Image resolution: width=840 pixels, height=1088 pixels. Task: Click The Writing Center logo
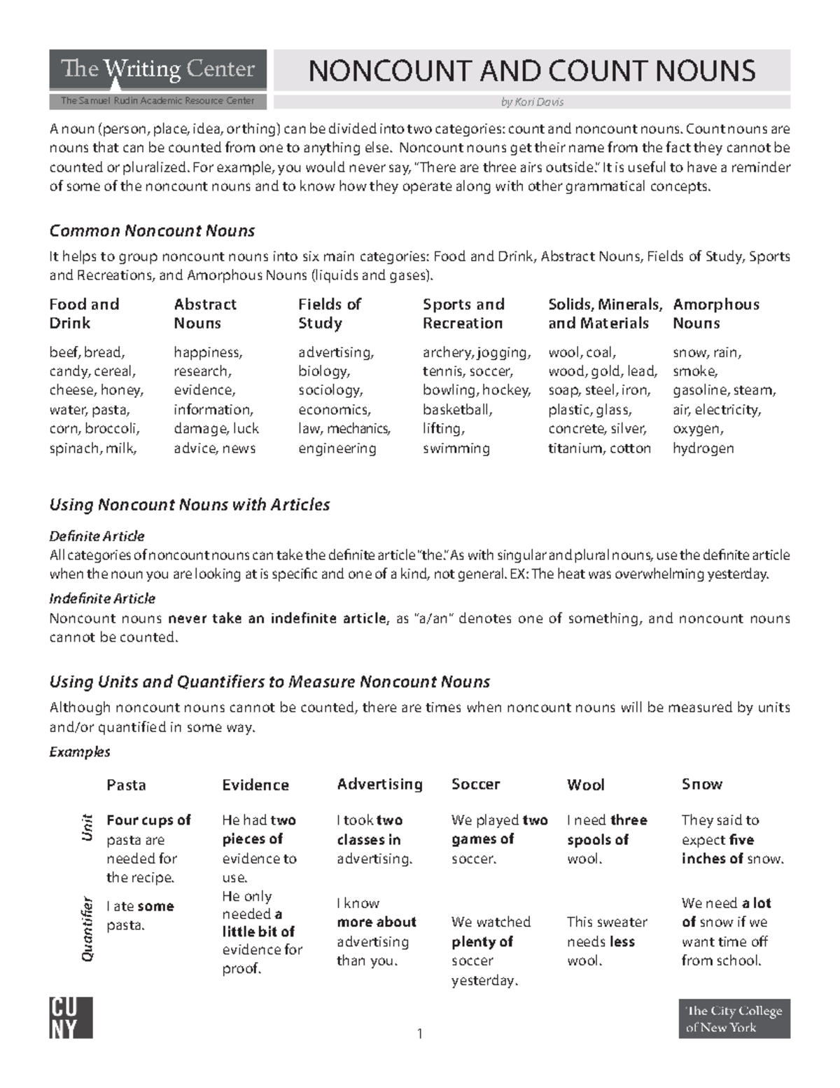[x=157, y=70]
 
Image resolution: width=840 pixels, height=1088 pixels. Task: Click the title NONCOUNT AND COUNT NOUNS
[x=531, y=71]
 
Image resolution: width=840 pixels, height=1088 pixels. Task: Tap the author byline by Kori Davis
[x=532, y=102]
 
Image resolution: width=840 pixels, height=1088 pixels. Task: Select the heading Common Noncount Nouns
[x=152, y=230]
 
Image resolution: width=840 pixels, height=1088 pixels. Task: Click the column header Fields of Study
[x=329, y=313]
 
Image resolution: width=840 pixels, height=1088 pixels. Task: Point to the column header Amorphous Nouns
[x=715, y=313]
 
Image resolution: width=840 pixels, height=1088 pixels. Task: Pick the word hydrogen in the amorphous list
[x=703, y=448]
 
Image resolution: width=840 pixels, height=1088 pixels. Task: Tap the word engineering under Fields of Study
[x=337, y=448]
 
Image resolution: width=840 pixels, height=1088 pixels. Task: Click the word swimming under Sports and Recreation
[x=456, y=448]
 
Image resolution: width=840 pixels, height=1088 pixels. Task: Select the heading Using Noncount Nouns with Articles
[x=189, y=504]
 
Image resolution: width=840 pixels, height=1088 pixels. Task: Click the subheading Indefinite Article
[x=102, y=598]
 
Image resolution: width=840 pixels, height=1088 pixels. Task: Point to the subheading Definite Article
[x=97, y=536]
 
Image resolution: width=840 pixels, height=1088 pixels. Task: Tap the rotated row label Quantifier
[x=87, y=928]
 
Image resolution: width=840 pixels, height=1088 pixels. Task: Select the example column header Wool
[x=585, y=785]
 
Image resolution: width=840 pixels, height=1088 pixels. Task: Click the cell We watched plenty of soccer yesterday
[x=491, y=951]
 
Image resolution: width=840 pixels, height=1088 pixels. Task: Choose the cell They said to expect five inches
[x=732, y=839]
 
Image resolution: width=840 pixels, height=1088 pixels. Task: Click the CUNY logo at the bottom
[x=71, y=1018]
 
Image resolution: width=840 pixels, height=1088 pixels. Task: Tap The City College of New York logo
[x=734, y=1019]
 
